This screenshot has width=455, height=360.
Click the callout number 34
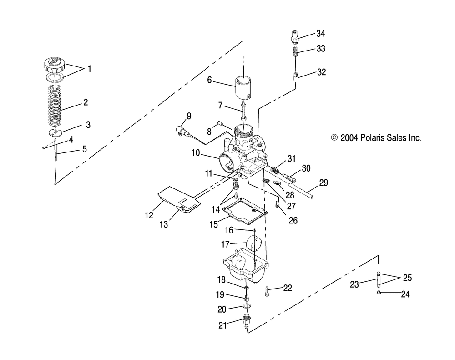(x=321, y=33)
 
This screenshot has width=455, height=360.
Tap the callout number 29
(x=324, y=183)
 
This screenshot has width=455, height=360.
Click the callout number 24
(x=405, y=294)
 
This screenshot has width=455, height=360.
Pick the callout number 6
(x=210, y=80)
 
